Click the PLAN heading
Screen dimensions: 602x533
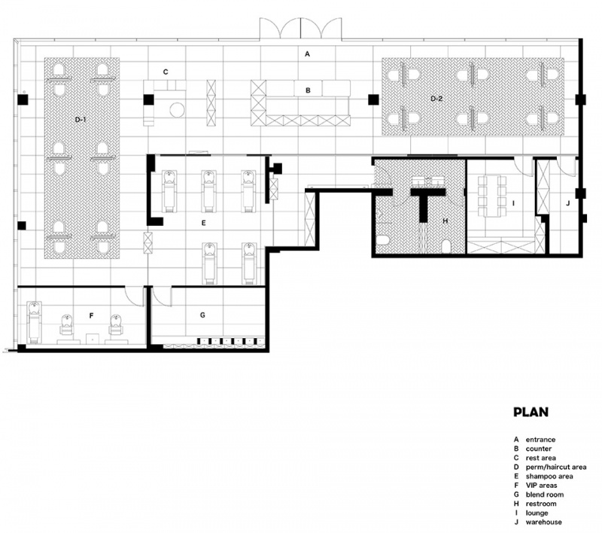[531, 412]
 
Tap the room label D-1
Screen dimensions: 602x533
[81, 120]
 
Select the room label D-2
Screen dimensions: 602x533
[436, 99]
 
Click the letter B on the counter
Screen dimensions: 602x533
[308, 90]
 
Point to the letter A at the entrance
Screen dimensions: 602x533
[307, 54]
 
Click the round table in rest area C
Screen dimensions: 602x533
[177, 109]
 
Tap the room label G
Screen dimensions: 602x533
[202, 315]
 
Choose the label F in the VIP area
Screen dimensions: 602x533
[91, 315]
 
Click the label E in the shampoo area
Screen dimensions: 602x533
[203, 223]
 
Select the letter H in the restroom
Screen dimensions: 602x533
[445, 221]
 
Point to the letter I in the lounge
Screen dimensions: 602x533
[514, 203]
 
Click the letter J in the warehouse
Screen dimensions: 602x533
[568, 203]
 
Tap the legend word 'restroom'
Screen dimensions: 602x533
[541, 504]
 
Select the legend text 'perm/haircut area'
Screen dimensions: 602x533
[556, 468]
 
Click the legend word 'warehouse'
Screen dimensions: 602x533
[543, 522]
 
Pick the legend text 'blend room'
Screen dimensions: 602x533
[545, 495]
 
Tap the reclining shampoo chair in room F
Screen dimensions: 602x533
[35, 321]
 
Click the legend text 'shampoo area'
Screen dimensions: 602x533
[549, 477]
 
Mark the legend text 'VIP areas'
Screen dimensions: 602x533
[541, 486]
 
